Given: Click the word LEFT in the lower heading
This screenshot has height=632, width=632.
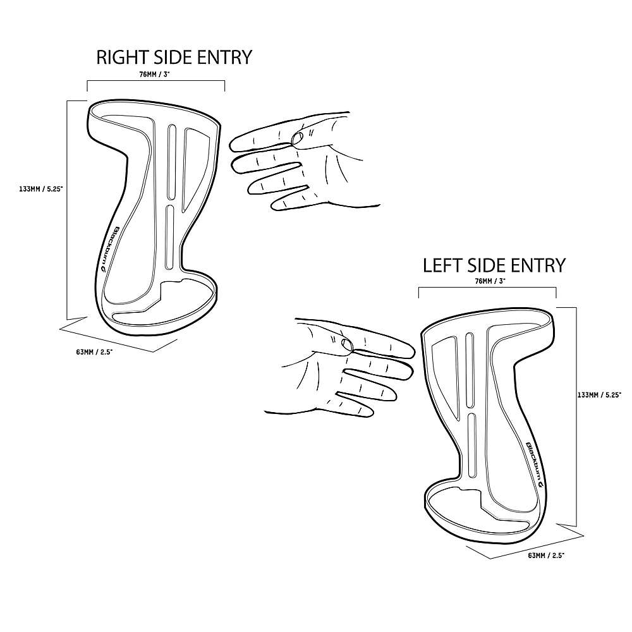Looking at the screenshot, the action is pyautogui.click(x=442, y=265).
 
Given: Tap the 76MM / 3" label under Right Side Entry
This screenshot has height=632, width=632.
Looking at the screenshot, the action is pyautogui.click(x=152, y=74).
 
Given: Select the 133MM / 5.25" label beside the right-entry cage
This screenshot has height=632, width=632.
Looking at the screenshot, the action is pyautogui.click(x=41, y=188).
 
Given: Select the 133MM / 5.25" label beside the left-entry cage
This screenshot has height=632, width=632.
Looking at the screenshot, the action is pyautogui.click(x=599, y=395).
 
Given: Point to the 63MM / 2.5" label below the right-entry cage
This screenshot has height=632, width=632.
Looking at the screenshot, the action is pyautogui.click(x=94, y=352).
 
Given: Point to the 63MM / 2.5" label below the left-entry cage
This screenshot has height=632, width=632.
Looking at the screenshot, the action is pyautogui.click(x=546, y=556).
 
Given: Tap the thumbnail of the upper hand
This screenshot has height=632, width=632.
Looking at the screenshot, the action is pyautogui.click(x=298, y=138).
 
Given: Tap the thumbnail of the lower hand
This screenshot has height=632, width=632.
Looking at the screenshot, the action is pyautogui.click(x=346, y=344).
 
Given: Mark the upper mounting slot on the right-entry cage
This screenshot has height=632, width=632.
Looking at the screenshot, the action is pyautogui.click(x=172, y=161).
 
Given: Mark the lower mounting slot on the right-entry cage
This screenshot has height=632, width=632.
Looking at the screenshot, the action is pyautogui.click(x=170, y=237).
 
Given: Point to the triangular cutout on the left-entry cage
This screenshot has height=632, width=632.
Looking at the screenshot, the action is pyautogui.click(x=446, y=375).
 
